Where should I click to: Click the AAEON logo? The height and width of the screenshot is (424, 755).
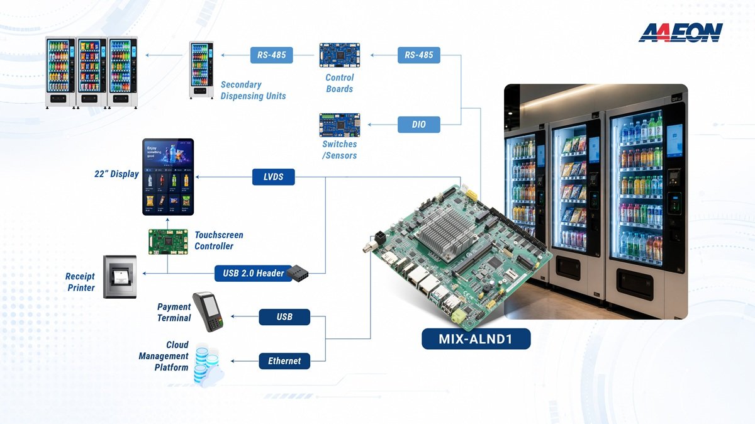click(x=681, y=33)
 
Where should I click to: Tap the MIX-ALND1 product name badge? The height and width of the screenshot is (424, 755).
click(x=476, y=338)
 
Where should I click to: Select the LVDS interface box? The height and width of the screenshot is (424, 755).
click(x=273, y=177)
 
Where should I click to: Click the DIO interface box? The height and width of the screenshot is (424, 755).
click(x=418, y=125)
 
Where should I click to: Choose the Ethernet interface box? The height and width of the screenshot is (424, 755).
click(x=284, y=361)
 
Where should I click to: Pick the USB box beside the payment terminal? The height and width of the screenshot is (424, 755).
click(x=284, y=317)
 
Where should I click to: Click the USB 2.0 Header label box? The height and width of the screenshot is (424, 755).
click(x=254, y=274)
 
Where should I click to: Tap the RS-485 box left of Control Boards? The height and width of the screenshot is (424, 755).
click(x=271, y=55)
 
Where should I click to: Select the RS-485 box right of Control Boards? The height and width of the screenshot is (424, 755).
click(x=418, y=55)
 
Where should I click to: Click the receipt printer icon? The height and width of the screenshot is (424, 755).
click(x=120, y=277)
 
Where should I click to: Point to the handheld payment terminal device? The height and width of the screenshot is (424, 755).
click(x=208, y=311)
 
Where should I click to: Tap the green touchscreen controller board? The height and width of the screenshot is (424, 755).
click(x=168, y=242)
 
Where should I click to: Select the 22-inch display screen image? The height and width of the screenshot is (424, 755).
click(x=168, y=177)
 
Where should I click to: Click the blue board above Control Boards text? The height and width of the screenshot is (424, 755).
click(x=339, y=55)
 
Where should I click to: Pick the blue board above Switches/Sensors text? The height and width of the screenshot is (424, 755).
click(x=339, y=125)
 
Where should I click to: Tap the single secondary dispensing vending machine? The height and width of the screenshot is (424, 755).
click(x=201, y=70)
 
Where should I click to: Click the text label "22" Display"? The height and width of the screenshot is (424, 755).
click(x=116, y=174)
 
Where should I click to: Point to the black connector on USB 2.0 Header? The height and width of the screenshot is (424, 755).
click(x=297, y=273)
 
